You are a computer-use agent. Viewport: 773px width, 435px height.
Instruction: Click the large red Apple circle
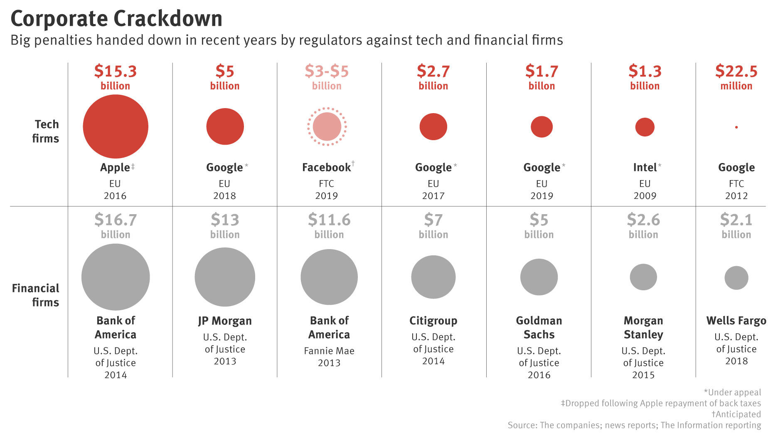pyautogui.click(x=116, y=126)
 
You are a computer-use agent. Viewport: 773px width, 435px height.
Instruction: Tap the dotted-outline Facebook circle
pyautogui.click(x=327, y=126)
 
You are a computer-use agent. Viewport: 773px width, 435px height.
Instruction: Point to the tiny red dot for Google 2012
pyautogui.click(x=736, y=127)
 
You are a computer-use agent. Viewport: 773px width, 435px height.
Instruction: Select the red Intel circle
pyautogui.click(x=645, y=127)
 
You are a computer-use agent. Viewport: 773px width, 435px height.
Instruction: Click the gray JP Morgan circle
pyautogui.click(x=225, y=277)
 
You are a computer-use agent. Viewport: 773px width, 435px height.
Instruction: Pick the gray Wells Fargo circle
pyautogui.click(x=736, y=278)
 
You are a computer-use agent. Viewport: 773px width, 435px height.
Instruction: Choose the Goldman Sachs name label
pyautogui.click(x=539, y=327)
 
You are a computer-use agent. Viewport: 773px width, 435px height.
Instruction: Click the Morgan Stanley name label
pyautogui.click(x=643, y=327)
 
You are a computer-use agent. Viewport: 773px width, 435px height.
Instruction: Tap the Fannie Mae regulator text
pyautogui.click(x=329, y=351)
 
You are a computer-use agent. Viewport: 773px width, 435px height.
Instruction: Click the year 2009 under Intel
pyautogui.click(x=645, y=196)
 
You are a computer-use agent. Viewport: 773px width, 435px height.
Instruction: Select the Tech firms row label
pyautogui.click(x=46, y=131)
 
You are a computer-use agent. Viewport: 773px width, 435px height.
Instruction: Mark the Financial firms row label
pyautogui.click(x=36, y=295)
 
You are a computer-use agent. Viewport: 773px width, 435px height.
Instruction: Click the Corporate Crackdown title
pyautogui.click(x=116, y=19)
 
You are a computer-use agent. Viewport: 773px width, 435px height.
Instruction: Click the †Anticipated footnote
pyautogui.click(x=736, y=414)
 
